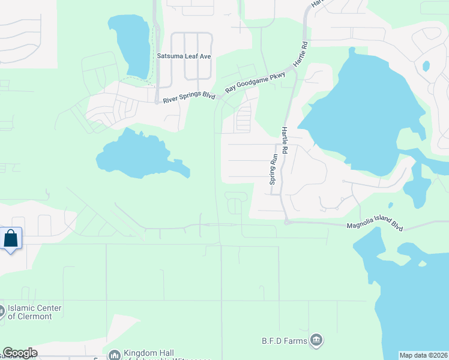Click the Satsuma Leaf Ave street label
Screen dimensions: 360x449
tap(184, 56)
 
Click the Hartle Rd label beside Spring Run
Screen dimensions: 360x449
tap(285, 140)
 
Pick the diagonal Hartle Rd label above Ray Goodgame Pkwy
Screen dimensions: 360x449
tap(301, 53)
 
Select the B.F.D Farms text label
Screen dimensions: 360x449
tap(285, 341)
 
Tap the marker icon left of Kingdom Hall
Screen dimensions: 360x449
tap(113, 355)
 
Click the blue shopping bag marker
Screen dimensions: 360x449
tap(11, 238)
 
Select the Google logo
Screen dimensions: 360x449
tap(19, 353)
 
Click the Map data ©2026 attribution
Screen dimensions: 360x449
tap(423, 355)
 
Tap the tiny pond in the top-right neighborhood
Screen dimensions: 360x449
tap(426, 66)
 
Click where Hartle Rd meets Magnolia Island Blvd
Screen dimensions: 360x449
tap(288, 222)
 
